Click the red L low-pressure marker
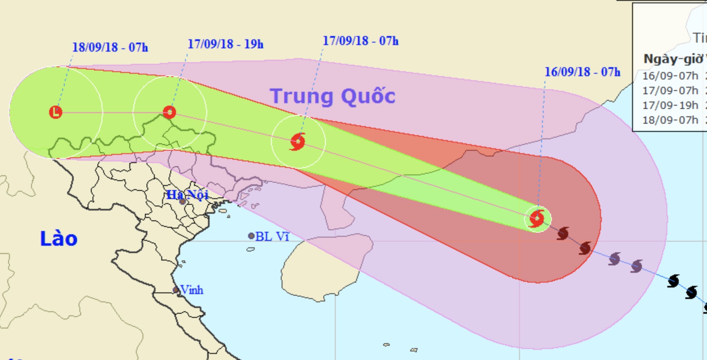(56, 112)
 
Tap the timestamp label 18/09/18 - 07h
(110, 47)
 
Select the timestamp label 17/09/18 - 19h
(225, 44)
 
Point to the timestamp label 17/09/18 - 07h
(360, 41)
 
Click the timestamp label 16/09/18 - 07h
(582, 72)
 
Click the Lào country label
(59, 239)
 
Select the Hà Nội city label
(187, 195)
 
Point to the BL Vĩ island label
(272, 236)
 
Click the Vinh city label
(192, 290)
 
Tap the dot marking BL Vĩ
(251, 236)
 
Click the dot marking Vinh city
(176, 290)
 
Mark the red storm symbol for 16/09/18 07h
(537, 219)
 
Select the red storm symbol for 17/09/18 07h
(298, 142)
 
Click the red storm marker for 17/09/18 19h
(169, 112)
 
